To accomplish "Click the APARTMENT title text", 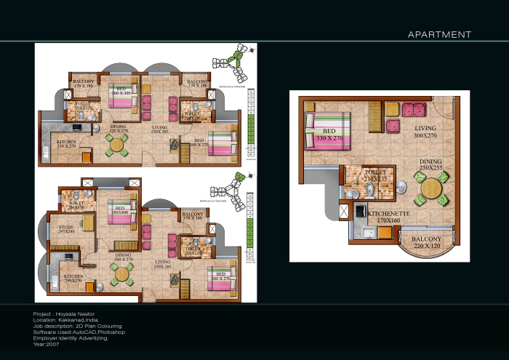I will (439, 34).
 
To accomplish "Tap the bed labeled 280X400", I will (121, 211).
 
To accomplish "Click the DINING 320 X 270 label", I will (119, 129).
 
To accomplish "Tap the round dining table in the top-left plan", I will (117, 145).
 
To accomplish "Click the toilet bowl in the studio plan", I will (369, 190).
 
